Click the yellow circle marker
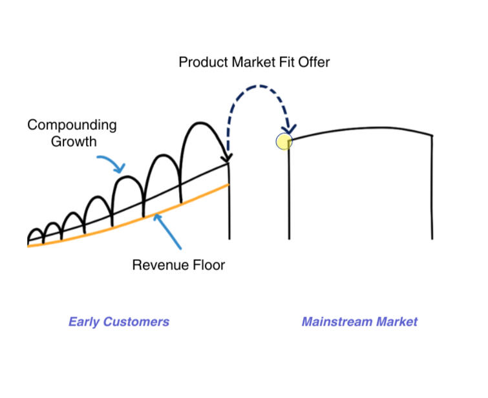284,141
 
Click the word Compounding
72,125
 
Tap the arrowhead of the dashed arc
288,129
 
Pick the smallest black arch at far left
35,231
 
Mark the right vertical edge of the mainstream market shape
432,187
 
